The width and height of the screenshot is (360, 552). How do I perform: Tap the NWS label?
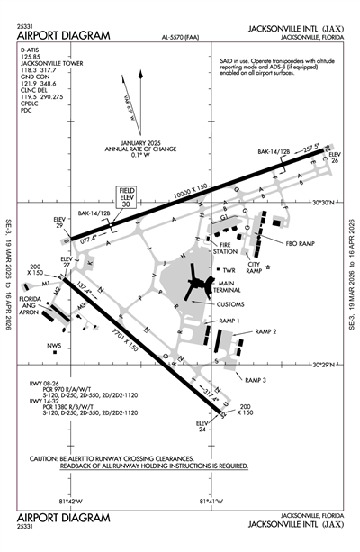(56, 345)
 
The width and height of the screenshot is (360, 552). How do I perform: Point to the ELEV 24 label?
(203, 426)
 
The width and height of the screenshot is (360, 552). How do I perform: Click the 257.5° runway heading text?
(310, 147)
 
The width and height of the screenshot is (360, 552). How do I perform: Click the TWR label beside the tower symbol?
(230, 269)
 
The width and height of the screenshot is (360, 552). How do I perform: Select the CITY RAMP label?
(255, 267)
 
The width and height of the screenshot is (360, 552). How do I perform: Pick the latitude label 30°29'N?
(321, 366)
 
